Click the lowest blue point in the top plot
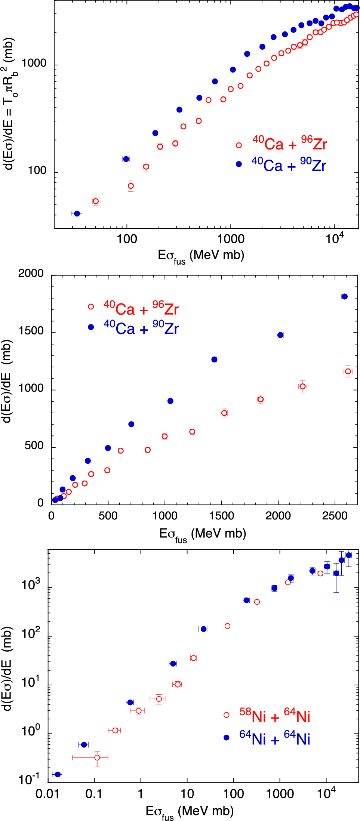tap(77, 213)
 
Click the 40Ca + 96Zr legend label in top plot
tap(290, 143)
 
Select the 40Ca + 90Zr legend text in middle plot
tap(141, 328)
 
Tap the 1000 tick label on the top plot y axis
tap(34, 63)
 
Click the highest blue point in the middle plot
tap(344, 296)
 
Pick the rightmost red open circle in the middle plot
tap(348, 371)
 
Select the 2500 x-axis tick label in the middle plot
tap(335, 516)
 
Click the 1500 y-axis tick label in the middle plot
tap(31, 331)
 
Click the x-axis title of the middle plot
tap(202, 534)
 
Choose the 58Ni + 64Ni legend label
tap(274, 716)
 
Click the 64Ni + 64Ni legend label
tap(274, 738)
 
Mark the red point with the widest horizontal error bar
tap(97, 757)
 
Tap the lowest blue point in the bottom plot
tap(58, 774)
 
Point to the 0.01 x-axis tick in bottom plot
tap(47, 793)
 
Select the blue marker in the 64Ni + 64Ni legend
tap(227, 737)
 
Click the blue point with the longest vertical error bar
tap(336, 573)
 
